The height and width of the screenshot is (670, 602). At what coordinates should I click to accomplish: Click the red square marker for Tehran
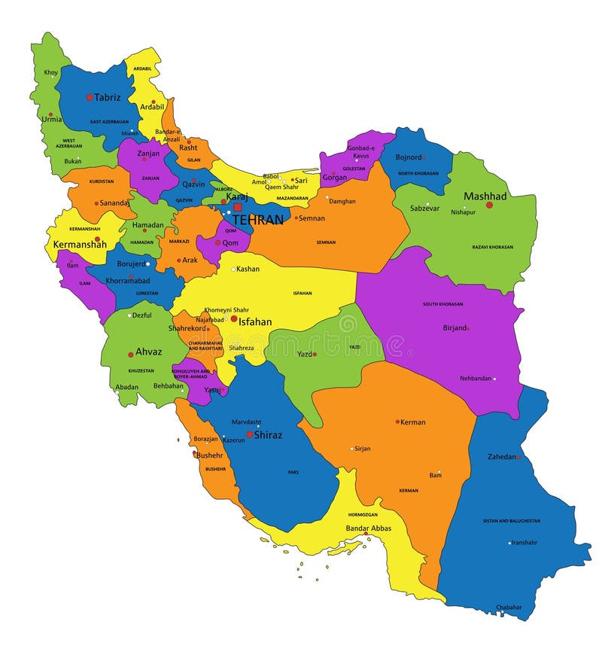[x=238, y=207]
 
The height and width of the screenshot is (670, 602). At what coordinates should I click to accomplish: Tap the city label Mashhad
[x=485, y=196]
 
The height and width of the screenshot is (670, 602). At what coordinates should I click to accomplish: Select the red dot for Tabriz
[x=90, y=97]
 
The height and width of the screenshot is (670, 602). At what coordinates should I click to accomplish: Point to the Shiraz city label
[x=269, y=434]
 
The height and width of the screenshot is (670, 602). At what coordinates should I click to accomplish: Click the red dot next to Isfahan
[x=234, y=319]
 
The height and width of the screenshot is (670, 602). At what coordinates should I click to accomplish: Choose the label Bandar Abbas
[x=369, y=528]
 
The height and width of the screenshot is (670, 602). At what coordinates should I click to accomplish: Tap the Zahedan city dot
[x=518, y=457]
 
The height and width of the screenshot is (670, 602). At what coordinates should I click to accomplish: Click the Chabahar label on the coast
[x=509, y=607]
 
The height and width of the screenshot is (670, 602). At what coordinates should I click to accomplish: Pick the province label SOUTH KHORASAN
[x=442, y=304]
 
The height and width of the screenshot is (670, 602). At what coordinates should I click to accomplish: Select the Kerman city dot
[x=398, y=422]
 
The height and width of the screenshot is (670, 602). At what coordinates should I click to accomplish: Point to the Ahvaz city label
[x=148, y=352]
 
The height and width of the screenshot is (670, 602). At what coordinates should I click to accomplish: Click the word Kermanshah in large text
[x=79, y=245]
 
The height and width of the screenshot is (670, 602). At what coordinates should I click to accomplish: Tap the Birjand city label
[x=454, y=328]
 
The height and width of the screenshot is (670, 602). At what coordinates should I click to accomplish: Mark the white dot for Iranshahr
[x=509, y=543]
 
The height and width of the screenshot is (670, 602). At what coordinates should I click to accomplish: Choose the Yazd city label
[x=304, y=354]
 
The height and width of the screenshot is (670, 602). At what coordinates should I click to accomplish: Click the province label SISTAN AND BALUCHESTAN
[x=512, y=520]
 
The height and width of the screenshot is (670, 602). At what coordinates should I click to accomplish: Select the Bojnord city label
[x=409, y=158]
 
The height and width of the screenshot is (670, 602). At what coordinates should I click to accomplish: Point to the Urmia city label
[x=52, y=119]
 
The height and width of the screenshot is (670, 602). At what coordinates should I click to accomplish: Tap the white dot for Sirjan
[x=351, y=449]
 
